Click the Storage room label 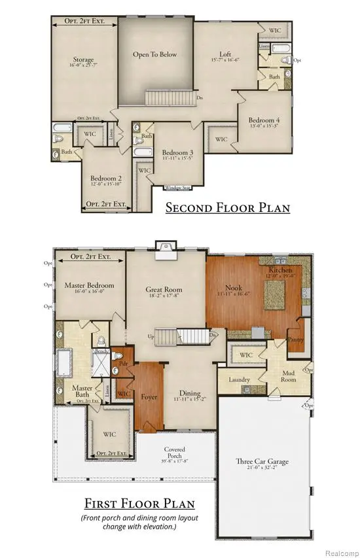83,60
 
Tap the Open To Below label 155,54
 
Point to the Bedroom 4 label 264,120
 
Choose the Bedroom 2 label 106,178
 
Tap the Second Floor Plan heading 227,208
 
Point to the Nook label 234,287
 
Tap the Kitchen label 279,270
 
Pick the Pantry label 297,340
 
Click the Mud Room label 289,376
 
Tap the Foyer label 149,396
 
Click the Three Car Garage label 262,461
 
